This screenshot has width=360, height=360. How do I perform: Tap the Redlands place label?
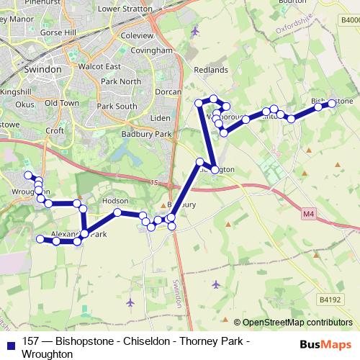pyautogui.click(x=211, y=70)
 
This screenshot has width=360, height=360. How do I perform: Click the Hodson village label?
pyautogui.click(x=115, y=201)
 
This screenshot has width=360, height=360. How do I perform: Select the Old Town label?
pyautogui.click(x=61, y=104)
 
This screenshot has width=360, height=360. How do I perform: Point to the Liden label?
pyautogui.click(x=159, y=117)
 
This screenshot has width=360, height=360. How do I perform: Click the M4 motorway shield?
pyautogui.click(x=309, y=214)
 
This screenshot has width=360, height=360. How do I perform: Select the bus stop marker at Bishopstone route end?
pyautogui.click(x=332, y=103)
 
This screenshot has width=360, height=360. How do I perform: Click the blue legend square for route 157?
pyautogui.click(x=10, y=343)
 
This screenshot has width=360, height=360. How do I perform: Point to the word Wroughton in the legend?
pyautogui.click(x=48, y=354)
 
